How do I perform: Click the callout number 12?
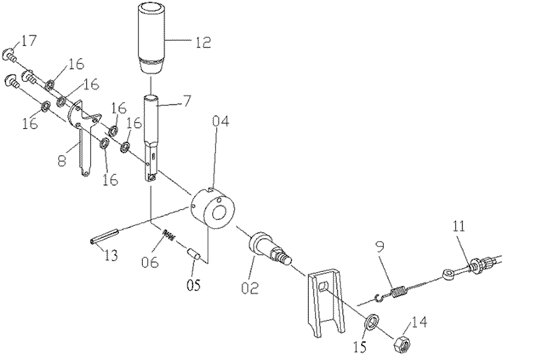click(x=203, y=42)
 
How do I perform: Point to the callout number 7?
click(x=186, y=100)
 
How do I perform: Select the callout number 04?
click(x=220, y=121)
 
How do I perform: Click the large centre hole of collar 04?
click(x=219, y=212)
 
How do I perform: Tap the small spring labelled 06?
click(x=168, y=235)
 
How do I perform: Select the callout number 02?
click(x=250, y=288)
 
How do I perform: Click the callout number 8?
click(x=61, y=161)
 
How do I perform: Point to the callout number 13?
click(x=111, y=255)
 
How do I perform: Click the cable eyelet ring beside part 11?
click(x=448, y=275)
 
